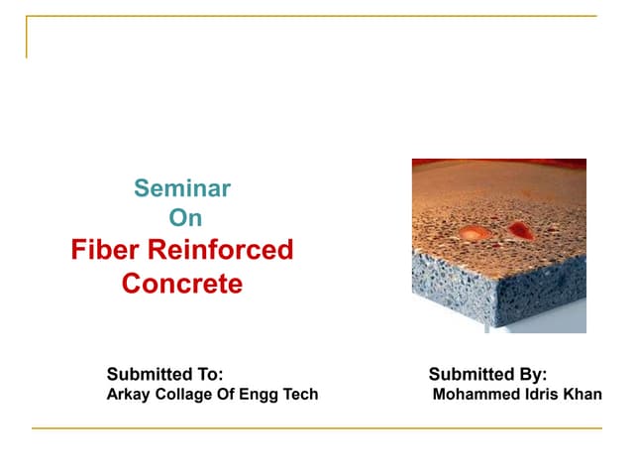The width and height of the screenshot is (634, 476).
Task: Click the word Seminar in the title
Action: [x=182, y=186]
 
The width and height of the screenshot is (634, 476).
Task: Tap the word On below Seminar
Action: [x=183, y=217]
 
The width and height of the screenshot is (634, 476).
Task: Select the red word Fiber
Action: [x=102, y=250]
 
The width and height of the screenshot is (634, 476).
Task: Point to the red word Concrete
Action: [x=181, y=284]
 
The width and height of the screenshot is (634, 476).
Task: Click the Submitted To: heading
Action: [x=164, y=374]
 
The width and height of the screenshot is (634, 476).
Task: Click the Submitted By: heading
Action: [x=487, y=374]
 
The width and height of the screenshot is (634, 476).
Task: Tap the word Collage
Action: [x=183, y=395]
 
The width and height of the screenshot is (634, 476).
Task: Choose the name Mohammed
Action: [x=473, y=395]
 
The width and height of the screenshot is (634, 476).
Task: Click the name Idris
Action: [x=537, y=395]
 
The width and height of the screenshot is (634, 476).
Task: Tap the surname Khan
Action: [x=581, y=395]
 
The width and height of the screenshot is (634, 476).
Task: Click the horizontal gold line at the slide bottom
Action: [x=317, y=428]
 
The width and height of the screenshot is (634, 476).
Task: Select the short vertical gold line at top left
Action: [x=27, y=38]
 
